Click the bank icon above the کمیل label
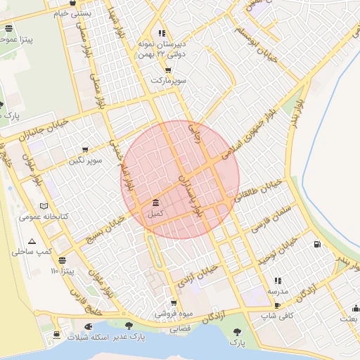(155, 203)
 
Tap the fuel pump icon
(318, 245)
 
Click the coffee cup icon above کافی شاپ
(278, 305)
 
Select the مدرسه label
(277, 290)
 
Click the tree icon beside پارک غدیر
(128, 326)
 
